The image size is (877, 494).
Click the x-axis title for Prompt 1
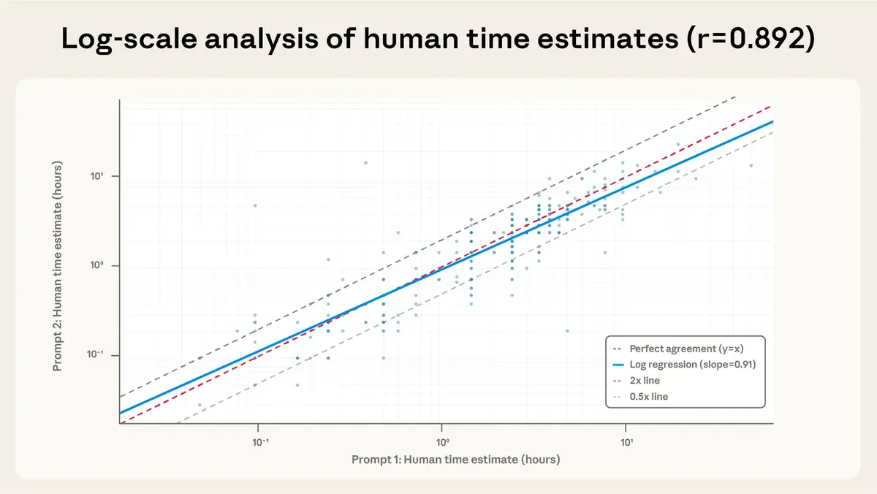coord(455,459)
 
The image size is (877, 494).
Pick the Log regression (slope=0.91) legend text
coord(691,364)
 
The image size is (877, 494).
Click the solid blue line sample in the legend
coord(619,364)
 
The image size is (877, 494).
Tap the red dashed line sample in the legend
coord(619,348)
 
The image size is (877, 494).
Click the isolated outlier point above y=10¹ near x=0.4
coord(365,162)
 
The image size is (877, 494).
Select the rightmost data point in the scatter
coord(751,165)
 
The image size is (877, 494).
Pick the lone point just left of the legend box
coord(567,331)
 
